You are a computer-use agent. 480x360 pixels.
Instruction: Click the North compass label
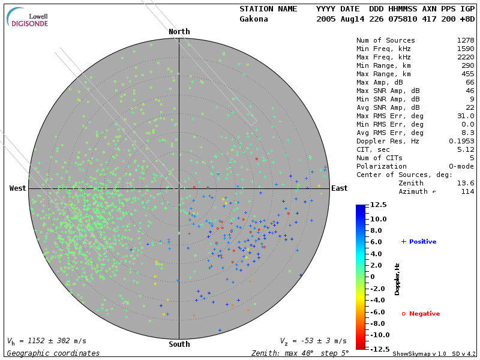coord(179,32)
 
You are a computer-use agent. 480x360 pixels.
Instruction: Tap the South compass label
coord(179,344)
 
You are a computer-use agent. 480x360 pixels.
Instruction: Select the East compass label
coord(340,188)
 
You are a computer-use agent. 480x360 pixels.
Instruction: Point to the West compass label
coord(18,188)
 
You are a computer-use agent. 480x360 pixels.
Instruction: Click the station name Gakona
coord(254,19)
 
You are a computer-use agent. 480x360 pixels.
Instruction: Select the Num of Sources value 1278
coord(466,40)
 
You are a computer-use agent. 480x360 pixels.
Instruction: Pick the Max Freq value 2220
coord(466,57)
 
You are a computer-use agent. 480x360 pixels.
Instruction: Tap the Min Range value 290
coord(468,65)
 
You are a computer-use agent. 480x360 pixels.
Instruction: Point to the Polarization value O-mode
coord(460,166)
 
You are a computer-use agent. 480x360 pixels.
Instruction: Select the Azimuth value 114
coord(468,191)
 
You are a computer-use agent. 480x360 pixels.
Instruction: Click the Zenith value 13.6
coord(466,183)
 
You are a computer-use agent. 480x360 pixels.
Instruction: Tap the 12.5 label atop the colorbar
coord(379,205)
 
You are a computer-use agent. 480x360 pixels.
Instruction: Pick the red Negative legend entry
coord(421,314)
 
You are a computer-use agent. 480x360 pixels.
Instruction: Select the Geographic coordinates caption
coord(53,353)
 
